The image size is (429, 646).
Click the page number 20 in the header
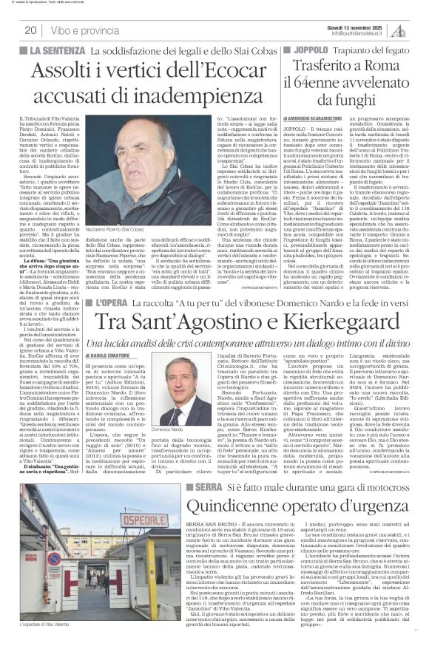tap(31, 30)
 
